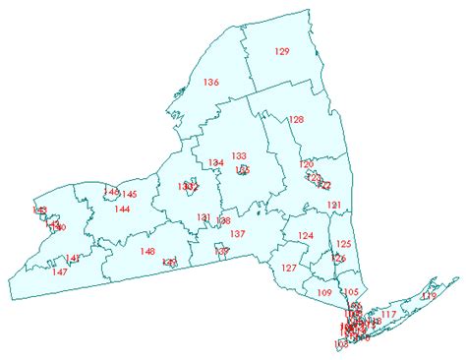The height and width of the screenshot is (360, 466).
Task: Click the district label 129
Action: tap(282, 50)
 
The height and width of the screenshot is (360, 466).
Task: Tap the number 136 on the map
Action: tap(210, 82)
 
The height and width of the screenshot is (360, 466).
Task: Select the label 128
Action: tap(296, 120)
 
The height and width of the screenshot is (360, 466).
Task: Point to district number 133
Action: tap(239, 155)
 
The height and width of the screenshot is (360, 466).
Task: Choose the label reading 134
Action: tap(214, 163)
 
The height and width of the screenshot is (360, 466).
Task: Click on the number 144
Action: tap(122, 209)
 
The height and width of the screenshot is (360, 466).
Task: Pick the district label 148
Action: tap(147, 252)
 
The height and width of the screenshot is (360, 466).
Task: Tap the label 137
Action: tap(237, 234)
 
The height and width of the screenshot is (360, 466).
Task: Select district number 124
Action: tap(306, 236)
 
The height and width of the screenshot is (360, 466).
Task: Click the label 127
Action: tap(289, 269)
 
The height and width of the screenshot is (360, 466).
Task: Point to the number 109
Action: tap(325, 293)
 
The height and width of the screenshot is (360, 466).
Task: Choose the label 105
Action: tap(352, 292)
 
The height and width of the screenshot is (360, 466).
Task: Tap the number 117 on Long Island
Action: tap(388, 315)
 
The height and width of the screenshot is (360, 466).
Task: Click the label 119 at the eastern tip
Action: tap(428, 296)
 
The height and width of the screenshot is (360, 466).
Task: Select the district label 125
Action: tap(343, 244)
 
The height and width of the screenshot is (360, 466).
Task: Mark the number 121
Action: tap(335, 205)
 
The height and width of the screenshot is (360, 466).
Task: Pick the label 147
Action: tap(60, 271)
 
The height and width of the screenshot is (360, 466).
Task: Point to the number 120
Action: tap(307, 164)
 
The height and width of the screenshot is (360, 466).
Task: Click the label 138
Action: tap(224, 221)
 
